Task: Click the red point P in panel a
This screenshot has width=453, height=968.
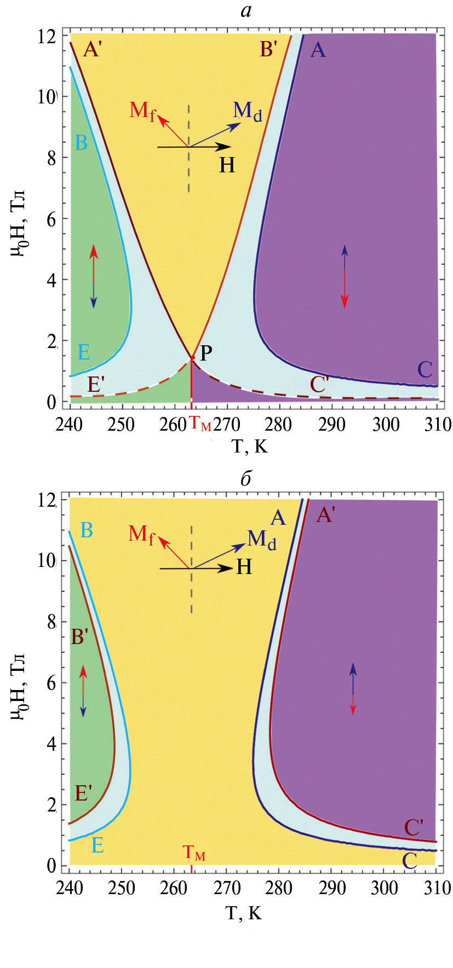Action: pos(192,358)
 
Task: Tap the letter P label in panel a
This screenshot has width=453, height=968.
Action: pos(206,353)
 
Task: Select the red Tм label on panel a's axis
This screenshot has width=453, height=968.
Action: pos(199,423)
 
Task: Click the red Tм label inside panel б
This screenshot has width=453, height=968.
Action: pos(194,853)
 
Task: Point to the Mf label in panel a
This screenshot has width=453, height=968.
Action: pos(142,111)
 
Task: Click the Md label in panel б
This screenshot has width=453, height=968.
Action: pos(261,540)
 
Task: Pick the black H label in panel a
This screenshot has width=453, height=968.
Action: pos(227,165)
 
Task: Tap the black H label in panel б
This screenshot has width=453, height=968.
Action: pos(244,567)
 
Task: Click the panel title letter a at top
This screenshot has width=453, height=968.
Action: pos(246,10)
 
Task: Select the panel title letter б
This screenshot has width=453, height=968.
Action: pos(246,478)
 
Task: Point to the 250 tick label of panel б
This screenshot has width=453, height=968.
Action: pos(121,888)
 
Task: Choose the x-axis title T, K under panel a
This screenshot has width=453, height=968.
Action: pos(250,447)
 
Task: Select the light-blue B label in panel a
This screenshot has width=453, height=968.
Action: pos(81,143)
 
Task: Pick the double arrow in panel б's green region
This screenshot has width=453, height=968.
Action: pos(83,691)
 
